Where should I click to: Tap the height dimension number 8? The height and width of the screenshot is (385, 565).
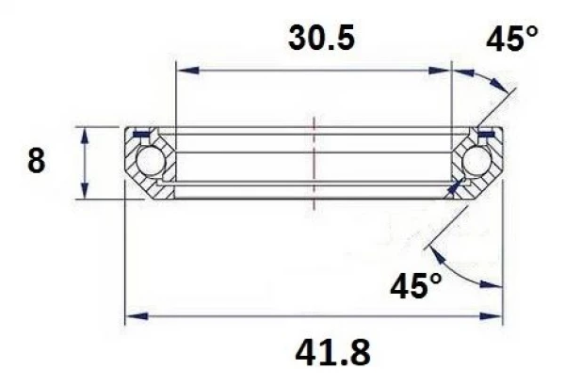coord(37,161)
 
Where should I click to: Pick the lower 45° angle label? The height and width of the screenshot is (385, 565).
coord(415,283)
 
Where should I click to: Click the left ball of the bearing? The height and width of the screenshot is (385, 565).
coord(149,162)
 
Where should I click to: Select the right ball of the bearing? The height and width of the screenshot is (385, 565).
coord(476,162)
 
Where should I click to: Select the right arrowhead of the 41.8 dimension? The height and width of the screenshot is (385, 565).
coord(493,315)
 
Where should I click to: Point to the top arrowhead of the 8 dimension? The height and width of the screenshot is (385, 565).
coord(86,133)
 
